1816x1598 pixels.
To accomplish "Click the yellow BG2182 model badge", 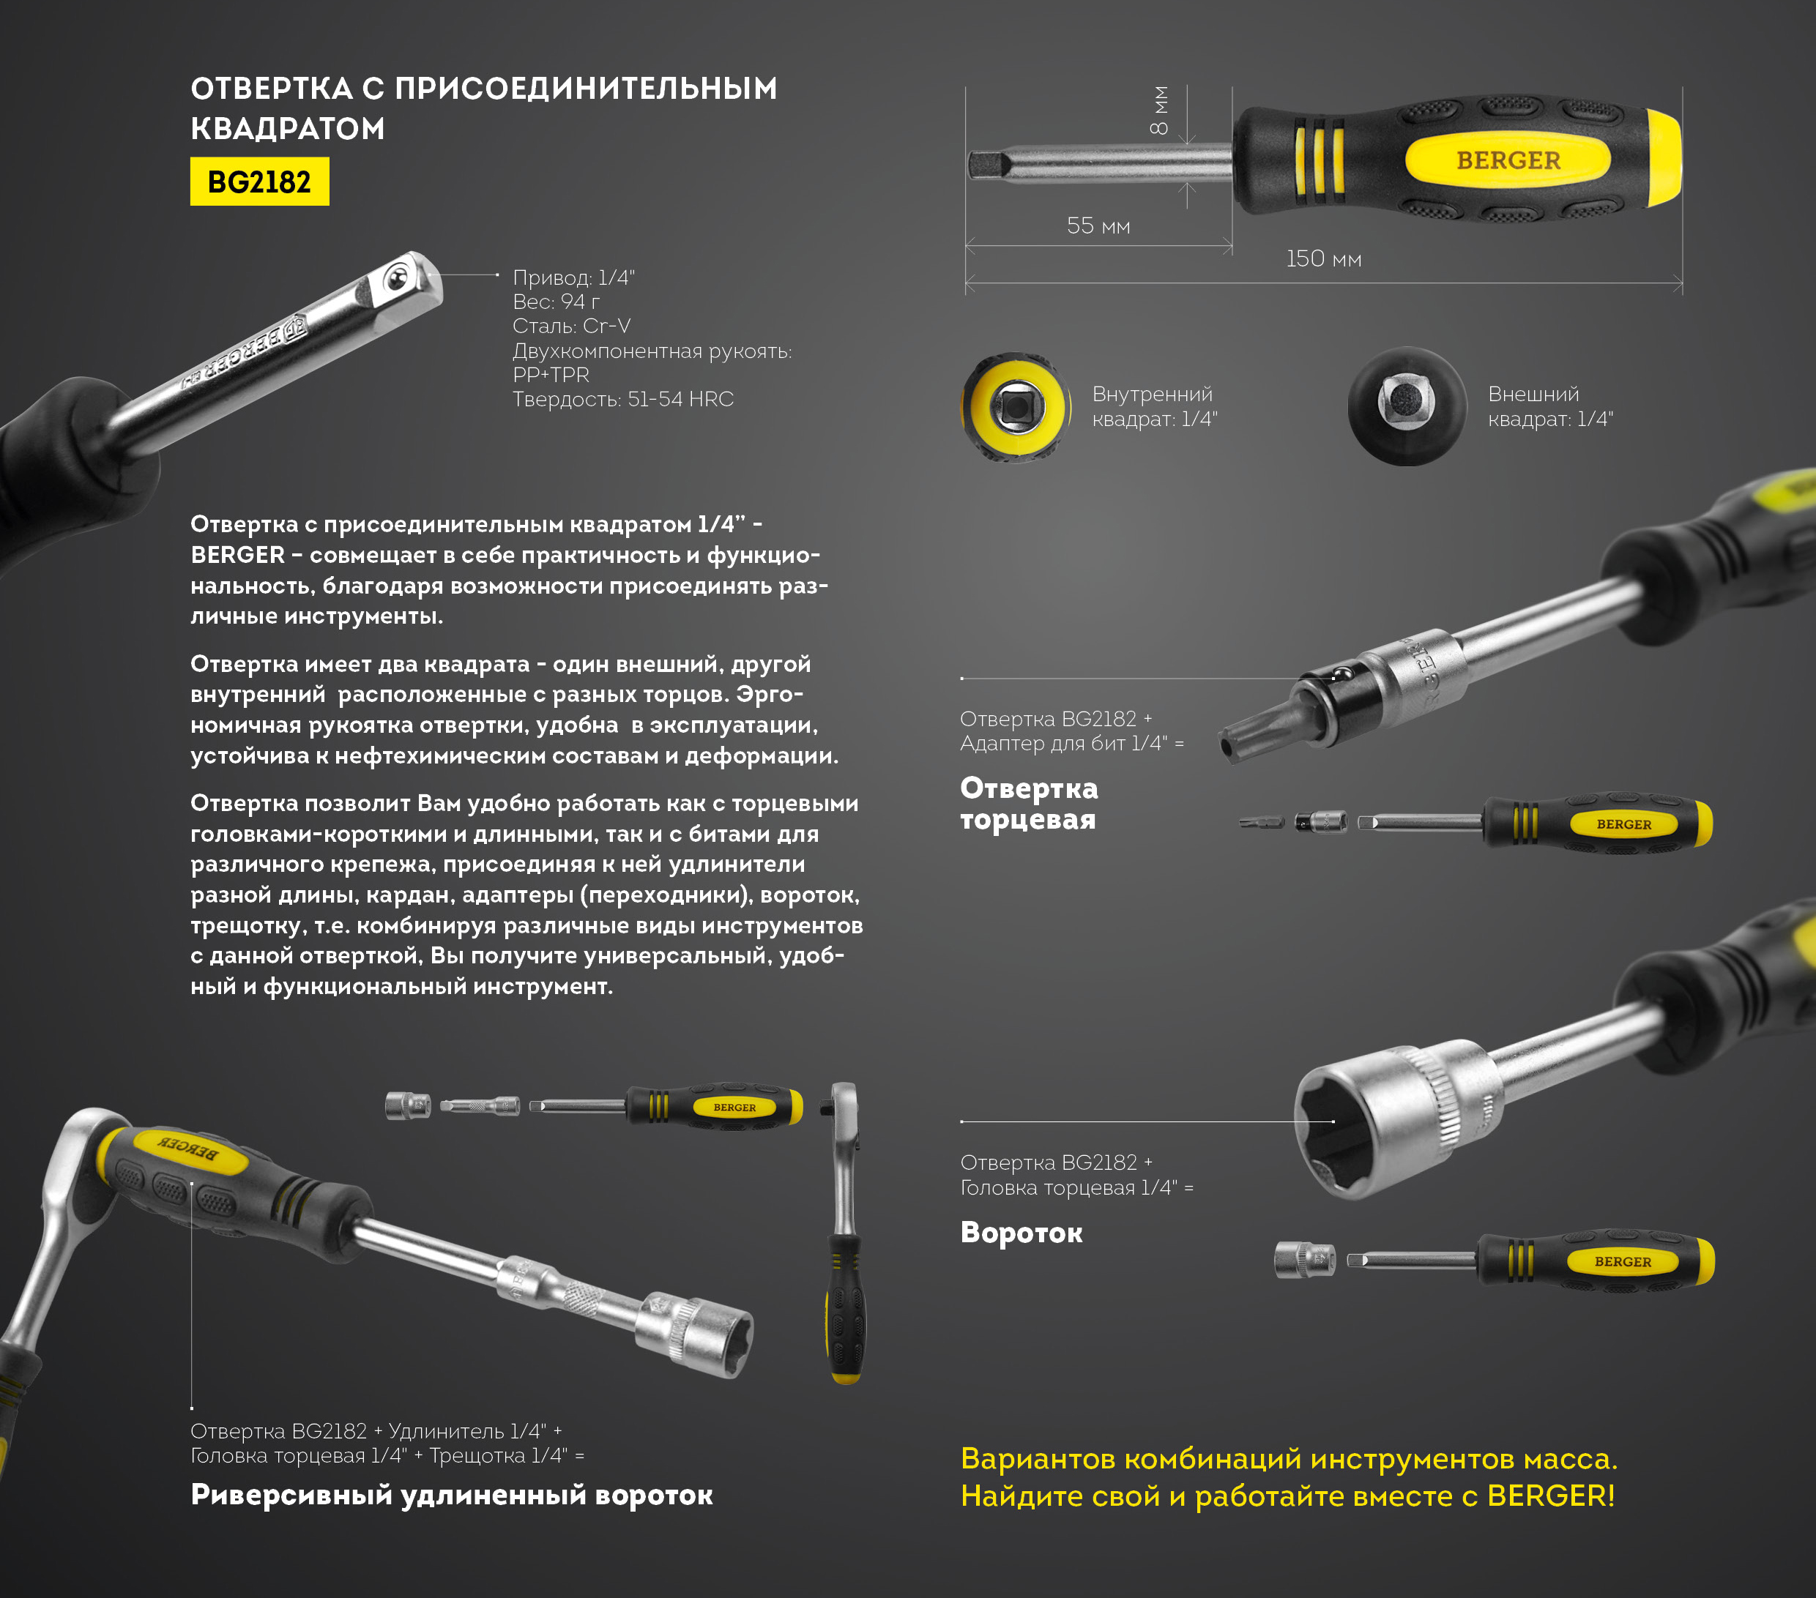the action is pos(259,182).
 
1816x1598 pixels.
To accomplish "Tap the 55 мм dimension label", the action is pos(1098,225).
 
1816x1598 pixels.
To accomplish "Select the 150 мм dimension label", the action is pos(1324,258).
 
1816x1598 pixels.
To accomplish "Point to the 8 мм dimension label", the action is pos(1159,111).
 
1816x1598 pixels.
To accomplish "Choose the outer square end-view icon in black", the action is pos(1407,406).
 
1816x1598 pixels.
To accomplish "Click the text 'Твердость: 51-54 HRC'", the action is pos(623,400).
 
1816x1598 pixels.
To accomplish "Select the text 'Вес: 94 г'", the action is pos(557,302).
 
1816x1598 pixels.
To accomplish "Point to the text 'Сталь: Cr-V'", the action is pos(571,326).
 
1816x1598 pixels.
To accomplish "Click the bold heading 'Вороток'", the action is pos(1021,1233).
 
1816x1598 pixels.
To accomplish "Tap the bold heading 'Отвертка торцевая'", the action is pos(1029,803).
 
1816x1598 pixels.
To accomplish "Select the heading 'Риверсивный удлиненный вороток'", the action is pos(451,1495).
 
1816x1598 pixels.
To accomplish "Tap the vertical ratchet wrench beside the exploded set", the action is pos(844,1233).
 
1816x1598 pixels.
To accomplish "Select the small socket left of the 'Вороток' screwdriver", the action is pos(1304,1260).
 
